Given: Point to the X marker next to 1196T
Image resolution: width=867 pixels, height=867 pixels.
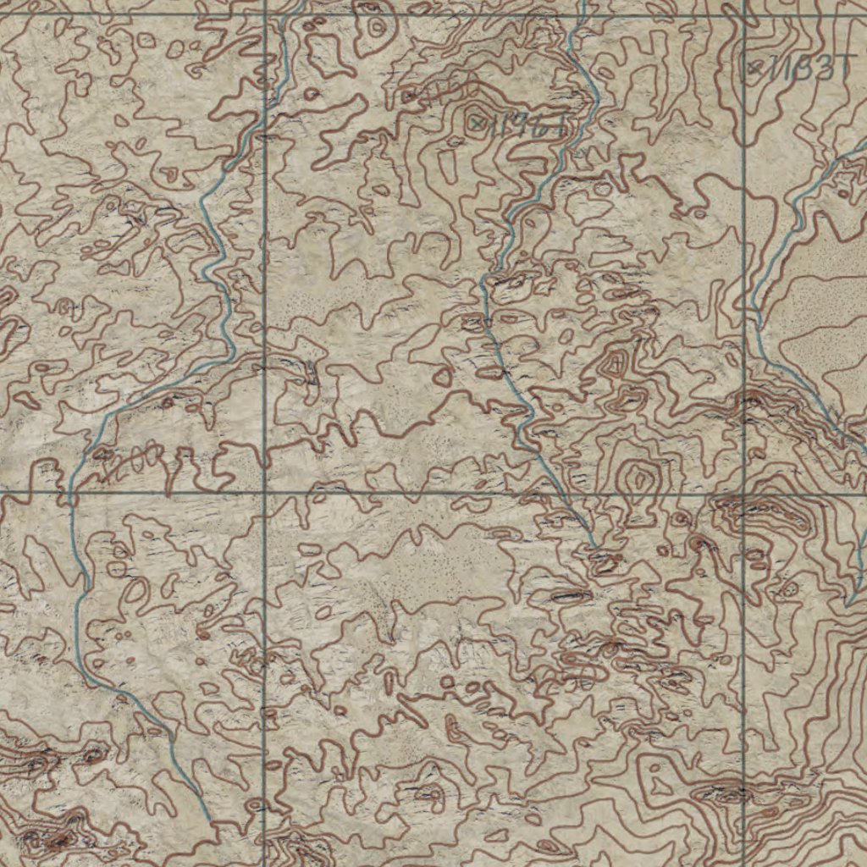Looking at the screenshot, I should pyautogui.click(x=479, y=124).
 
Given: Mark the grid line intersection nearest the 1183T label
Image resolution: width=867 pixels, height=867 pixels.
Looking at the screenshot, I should pyautogui.click(x=744, y=15).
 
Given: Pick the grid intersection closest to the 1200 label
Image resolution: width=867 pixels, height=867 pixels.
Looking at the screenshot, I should pyautogui.click(x=265, y=491).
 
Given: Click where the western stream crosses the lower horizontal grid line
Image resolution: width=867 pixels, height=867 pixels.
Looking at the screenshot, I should pyautogui.click(x=71, y=491).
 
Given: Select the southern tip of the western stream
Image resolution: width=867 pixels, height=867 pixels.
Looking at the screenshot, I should pyautogui.click(x=207, y=820).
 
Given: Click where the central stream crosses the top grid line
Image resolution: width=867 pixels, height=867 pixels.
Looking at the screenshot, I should pyautogui.click(x=583, y=15).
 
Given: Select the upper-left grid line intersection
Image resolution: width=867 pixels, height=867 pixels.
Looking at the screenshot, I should pyautogui.click(x=265, y=15).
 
